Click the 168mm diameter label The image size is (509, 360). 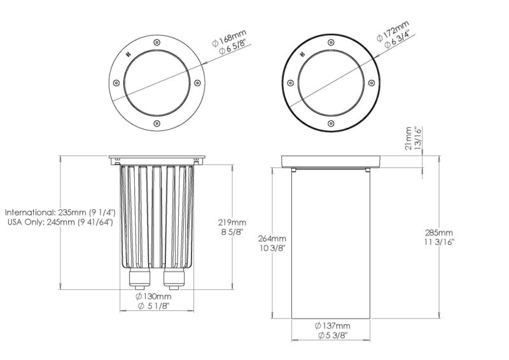pyautogui.click(x=230, y=38)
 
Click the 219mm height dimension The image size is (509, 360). pyautogui.click(x=232, y=223)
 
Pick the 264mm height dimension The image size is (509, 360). pyautogui.click(x=272, y=239)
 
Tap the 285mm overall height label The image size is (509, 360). pyautogui.click(x=439, y=233)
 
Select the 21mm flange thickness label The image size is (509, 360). pyautogui.click(x=408, y=138)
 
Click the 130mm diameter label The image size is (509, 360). pyautogui.click(x=153, y=296)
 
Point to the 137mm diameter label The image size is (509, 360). pyautogui.click(x=332, y=326)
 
